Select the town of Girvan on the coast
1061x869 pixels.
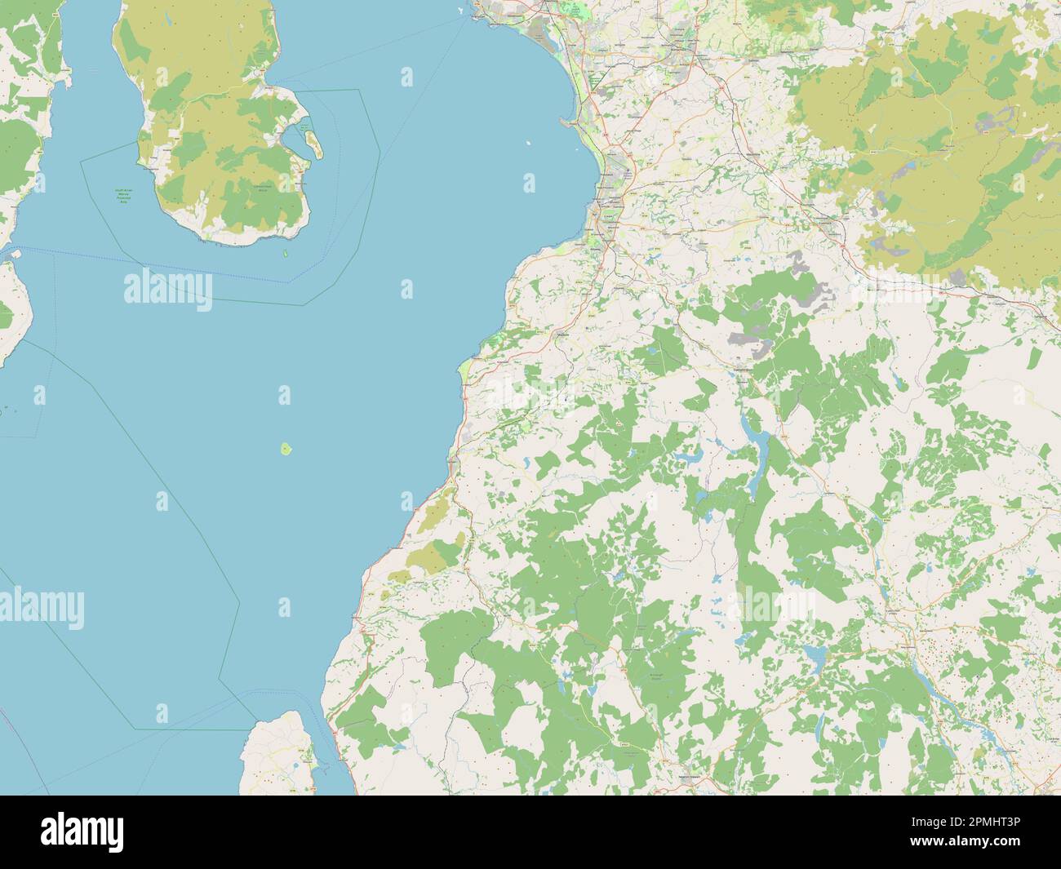tap(453, 463)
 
